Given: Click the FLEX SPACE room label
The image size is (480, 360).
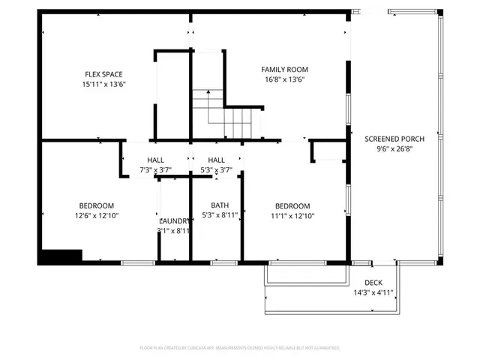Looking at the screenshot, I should (x=103, y=74).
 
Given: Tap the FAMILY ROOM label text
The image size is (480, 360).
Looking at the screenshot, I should (x=284, y=70).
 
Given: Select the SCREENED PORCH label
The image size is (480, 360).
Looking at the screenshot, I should (x=394, y=139).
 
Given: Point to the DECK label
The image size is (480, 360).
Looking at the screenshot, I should (x=373, y=283).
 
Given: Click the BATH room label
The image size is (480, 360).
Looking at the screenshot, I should (x=220, y=205).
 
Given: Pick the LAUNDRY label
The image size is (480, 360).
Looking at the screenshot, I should (x=175, y=220).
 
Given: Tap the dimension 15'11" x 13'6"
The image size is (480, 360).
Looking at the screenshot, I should (x=103, y=85).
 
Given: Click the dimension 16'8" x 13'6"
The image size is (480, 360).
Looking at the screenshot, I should (x=284, y=80).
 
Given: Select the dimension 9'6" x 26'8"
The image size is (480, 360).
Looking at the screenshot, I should (x=394, y=149).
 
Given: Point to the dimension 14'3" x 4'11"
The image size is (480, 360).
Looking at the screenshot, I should (x=373, y=293).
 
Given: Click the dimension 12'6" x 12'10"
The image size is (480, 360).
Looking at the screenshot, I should (x=97, y=216).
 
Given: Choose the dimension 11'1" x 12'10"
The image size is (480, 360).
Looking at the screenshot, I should (x=292, y=216).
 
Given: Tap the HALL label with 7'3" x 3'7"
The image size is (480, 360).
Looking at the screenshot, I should (x=156, y=160).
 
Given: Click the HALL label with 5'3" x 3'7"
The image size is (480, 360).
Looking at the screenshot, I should (x=216, y=160).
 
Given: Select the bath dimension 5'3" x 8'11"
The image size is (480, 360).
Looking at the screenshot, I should (x=220, y=215).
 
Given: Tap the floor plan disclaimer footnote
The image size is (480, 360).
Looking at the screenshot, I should (x=240, y=348).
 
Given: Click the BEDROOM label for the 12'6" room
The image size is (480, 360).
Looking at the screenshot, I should (x=97, y=205).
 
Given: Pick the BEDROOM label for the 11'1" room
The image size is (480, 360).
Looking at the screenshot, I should (x=292, y=205).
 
